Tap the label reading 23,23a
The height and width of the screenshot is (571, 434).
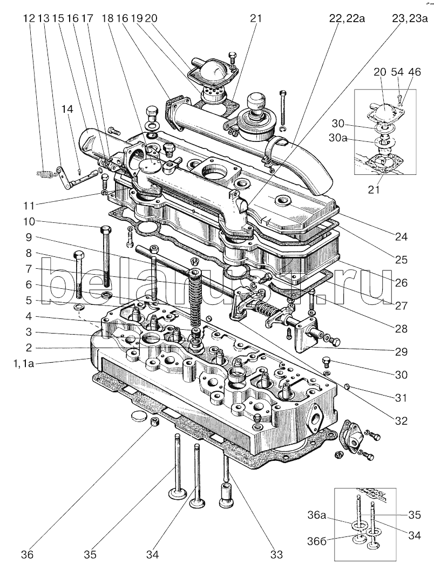point(410,19)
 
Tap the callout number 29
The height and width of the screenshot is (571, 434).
point(400,351)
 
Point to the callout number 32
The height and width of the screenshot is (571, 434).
point(400,420)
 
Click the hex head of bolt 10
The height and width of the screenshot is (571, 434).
point(104,229)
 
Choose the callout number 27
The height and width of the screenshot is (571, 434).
point(400,305)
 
